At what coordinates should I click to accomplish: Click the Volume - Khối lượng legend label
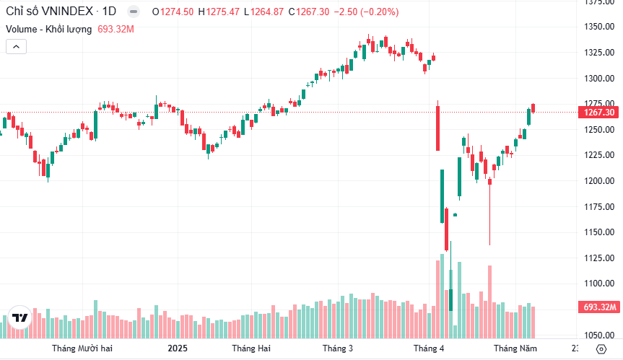point(49,29)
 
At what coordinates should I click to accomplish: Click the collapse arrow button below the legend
point(17,46)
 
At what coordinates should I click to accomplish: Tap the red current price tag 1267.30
point(599,113)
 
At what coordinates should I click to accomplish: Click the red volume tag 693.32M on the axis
point(600,307)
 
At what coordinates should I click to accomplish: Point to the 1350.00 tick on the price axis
point(600,27)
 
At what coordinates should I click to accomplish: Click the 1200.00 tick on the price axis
point(600,181)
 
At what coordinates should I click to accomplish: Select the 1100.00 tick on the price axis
point(600,284)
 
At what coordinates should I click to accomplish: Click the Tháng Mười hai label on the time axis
point(82,348)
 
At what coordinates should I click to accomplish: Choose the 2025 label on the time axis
point(177,348)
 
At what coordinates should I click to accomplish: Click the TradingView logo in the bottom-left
point(20,318)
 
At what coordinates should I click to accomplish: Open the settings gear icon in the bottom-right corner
point(602,348)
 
